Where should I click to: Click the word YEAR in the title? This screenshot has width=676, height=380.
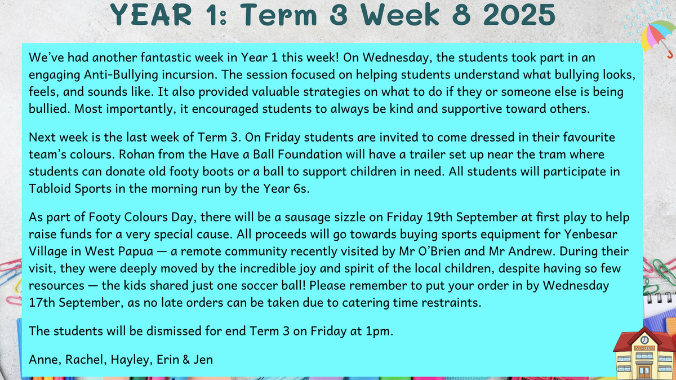[x=151, y=15]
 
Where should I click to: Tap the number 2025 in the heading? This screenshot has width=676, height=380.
[x=519, y=15]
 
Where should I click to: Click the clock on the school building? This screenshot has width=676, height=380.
[x=644, y=340]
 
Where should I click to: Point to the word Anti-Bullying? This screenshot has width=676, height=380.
[x=121, y=75]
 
